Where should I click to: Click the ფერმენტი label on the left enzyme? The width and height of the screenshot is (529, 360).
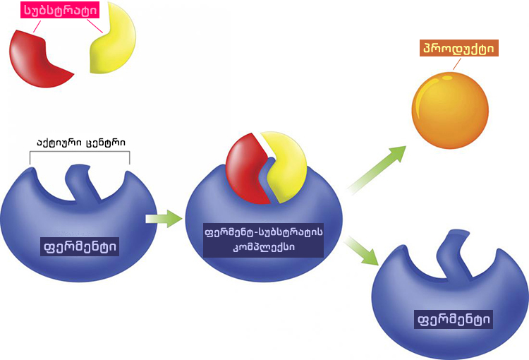point(80,246)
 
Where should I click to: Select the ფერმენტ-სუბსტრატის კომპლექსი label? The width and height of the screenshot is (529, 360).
point(262,241)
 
